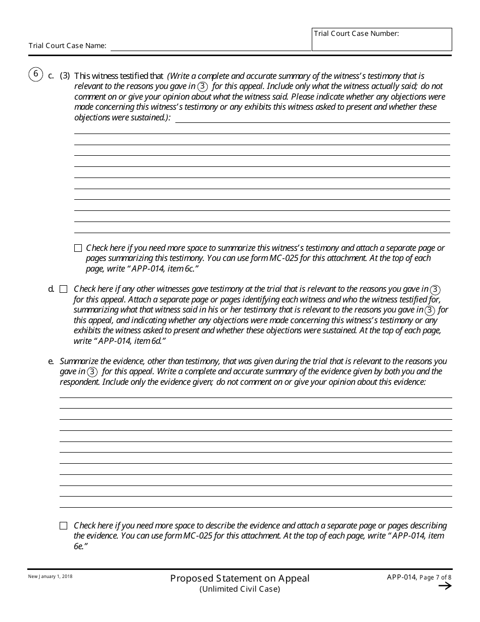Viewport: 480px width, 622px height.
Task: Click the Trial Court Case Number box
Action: pyautogui.click(x=381, y=39)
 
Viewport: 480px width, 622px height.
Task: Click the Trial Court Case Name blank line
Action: pyautogui.click(x=211, y=46)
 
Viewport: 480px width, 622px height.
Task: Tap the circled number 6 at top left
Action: pyautogui.click(x=35, y=75)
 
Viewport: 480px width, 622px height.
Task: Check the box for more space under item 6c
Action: pyautogui.click(x=78, y=248)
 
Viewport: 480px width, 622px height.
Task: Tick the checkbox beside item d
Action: pyautogui.click(x=63, y=289)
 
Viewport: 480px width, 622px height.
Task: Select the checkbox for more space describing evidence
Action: pyautogui.click(x=63, y=526)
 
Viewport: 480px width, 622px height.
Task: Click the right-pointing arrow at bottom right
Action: pyautogui.click(x=445, y=586)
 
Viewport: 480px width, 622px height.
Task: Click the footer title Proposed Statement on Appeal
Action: pyautogui.click(x=239, y=578)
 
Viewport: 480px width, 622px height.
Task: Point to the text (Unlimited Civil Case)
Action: pyautogui.click(x=239, y=589)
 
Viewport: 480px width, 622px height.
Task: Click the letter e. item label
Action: pyautogui.click(x=51, y=362)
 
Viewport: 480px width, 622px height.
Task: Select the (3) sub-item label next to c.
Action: pyautogui.click(x=65, y=76)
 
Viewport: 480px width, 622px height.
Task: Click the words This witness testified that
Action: pyautogui.click(x=119, y=76)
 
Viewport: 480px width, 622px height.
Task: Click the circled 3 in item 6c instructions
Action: pyautogui.click(x=203, y=86)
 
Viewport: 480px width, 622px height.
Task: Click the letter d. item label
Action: pyautogui.click(x=51, y=289)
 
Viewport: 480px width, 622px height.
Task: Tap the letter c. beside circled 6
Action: pyautogui.click(x=51, y=76)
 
